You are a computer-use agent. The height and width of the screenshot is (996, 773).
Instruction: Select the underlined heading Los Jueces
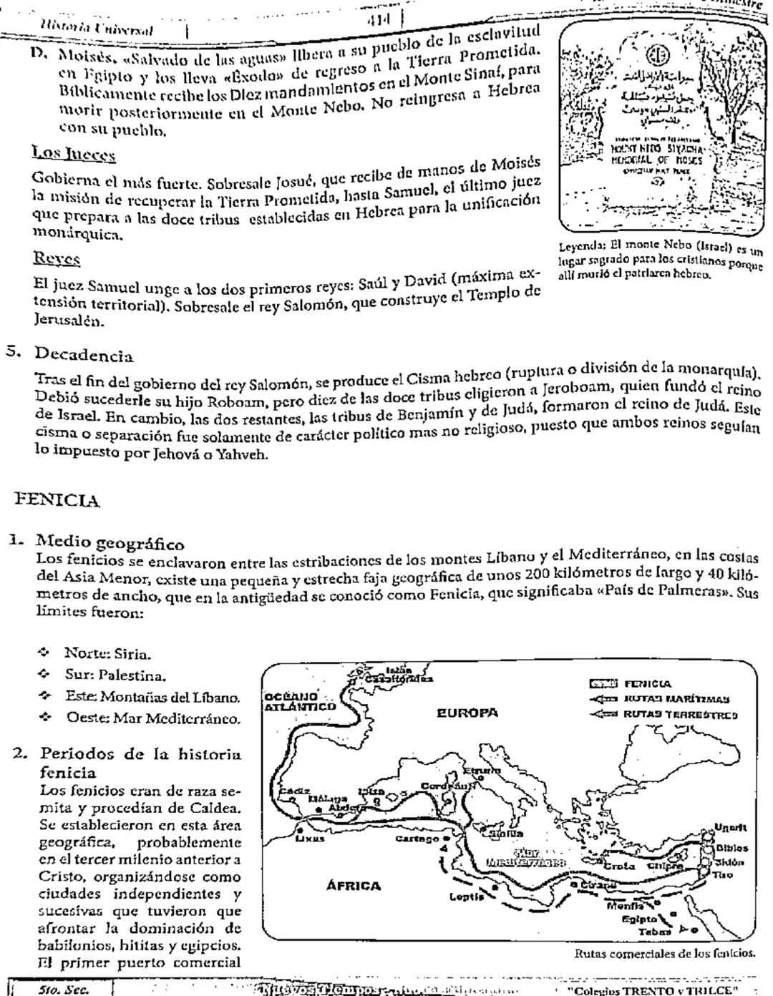(74, 154)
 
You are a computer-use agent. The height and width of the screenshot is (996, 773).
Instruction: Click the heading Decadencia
(84, 355)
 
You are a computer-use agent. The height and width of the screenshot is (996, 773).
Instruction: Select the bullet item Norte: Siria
(107, 653)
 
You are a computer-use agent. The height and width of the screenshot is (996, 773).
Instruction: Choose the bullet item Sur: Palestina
(115, 675)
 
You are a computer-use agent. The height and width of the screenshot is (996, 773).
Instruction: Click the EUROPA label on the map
(467, 713)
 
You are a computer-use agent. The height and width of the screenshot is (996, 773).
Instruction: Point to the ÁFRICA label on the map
(354, 885)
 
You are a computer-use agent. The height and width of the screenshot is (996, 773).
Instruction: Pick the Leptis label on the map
(465, 896)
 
